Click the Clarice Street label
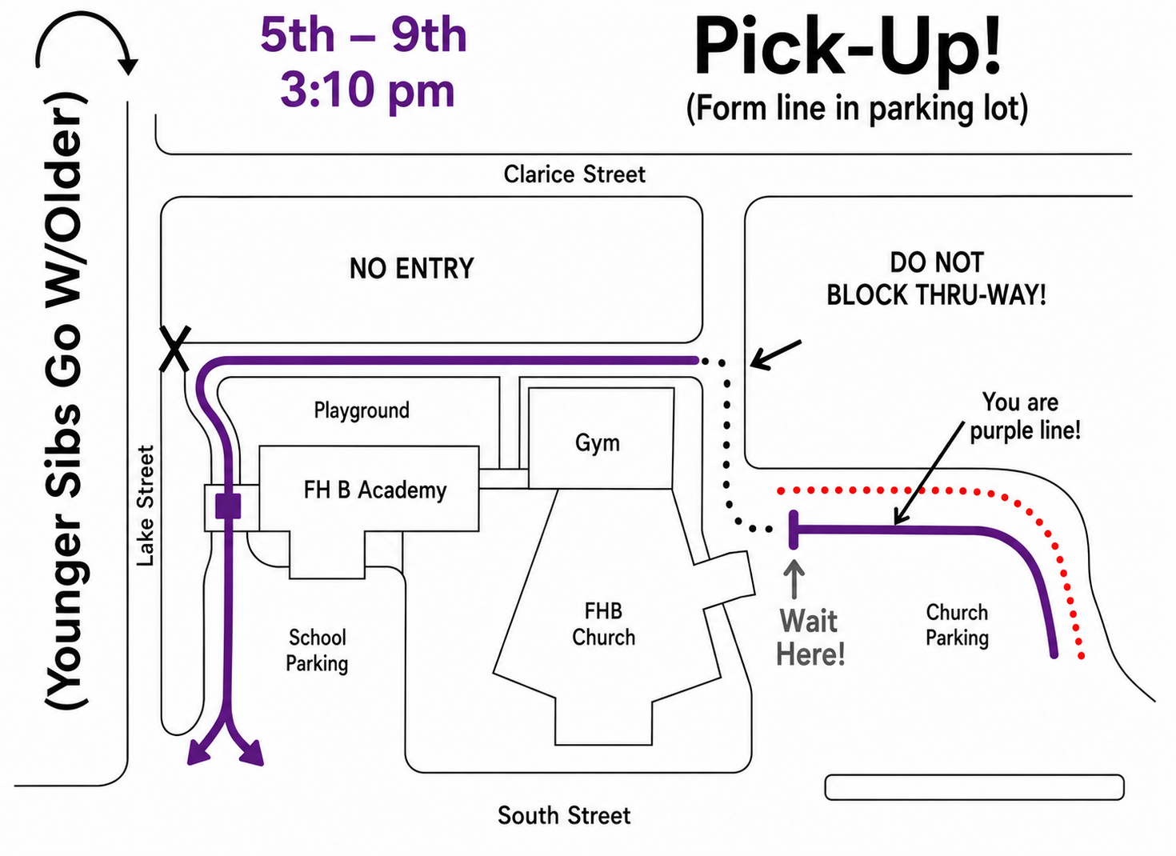pyautogui.click(x=574, y=174)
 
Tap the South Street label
pyautogui.click(x=564, y=815)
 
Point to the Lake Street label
pyautogui.click(x=146, y=506)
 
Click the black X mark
pyautogui.click(x=175, y=349)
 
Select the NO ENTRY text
pyautogui.click(x=411, y=268)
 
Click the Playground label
pyautogui.click(x=362, y=410)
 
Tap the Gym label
pyautogui.click(x=598, y=442)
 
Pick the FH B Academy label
pyautogui.click(x=375, y=490)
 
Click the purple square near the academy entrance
pyautogui.click(x=228, y=505)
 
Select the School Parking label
pyautogui.click(x=317, y=650)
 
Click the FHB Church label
pyautogui.click(x=604, y=625)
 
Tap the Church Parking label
pyautogui.click(x=957, y=625)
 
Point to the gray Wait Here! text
pyautogui.click(x=810, y=638)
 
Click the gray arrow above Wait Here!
pyautogui.click(x=794, y=579)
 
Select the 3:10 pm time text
pyautogui.click(x=367, y=91)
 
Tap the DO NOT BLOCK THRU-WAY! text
pyautogui.click(x=937, y=279)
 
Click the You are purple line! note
pyautogui.click(x=1026, y=417)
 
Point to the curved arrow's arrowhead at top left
pyautogui.click(x=127, y=66)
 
